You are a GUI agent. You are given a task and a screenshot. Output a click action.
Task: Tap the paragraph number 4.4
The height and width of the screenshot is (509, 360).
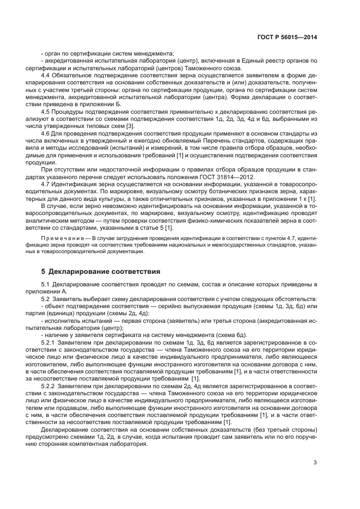[x=46, y=74]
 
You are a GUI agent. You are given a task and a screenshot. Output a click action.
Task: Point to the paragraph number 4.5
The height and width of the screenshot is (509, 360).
[x=46, y=111]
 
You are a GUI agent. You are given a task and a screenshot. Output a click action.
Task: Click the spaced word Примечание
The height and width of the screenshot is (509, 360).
[x=59, y=240]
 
